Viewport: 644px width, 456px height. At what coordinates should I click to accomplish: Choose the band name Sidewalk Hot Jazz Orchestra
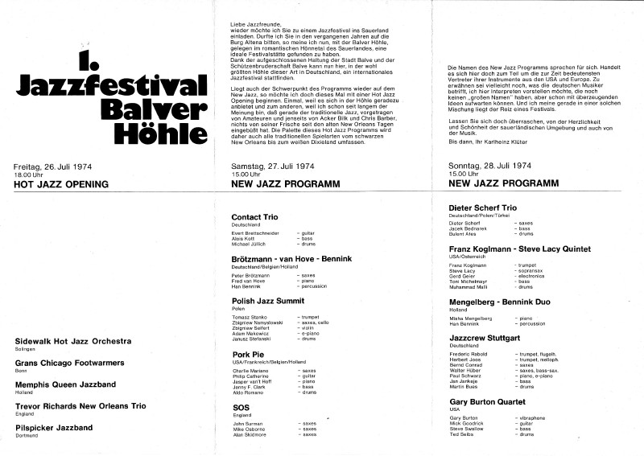(73, 341)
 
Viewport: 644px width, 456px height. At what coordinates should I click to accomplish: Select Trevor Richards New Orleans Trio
(86, 407)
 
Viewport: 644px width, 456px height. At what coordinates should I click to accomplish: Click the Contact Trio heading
(254, 217)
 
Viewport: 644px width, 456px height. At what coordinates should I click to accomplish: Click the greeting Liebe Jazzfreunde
(250, 27)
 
